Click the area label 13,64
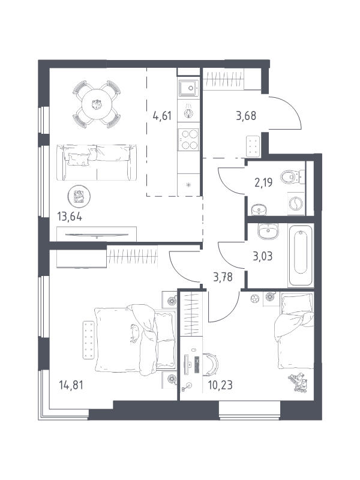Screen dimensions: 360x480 (x=70, y=217)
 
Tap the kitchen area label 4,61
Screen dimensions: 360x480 (x=162, y=116)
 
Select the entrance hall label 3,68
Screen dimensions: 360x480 (x=246, y=116)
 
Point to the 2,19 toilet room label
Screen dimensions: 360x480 (x=263, y=182)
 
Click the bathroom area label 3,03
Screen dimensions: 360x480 (x=263, y=256)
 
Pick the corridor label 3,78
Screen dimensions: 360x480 (x=223, y=277)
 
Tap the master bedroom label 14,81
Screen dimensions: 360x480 (x=71, y=385)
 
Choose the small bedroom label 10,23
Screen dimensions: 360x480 (x=220, y=385)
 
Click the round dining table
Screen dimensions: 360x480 (x=97, y=104)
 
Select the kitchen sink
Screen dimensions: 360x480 (x=188, y=88)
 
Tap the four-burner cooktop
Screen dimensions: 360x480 (x=188, y=139)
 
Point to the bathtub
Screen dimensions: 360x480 (x=301, y=256)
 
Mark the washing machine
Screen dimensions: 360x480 (x=296, y=203)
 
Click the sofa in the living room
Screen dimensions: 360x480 (x=97, y=162)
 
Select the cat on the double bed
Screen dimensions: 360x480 (x=134, y=333)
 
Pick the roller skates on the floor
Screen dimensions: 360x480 (x=298, y=382)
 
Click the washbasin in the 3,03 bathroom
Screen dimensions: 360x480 (x=268, y=232)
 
